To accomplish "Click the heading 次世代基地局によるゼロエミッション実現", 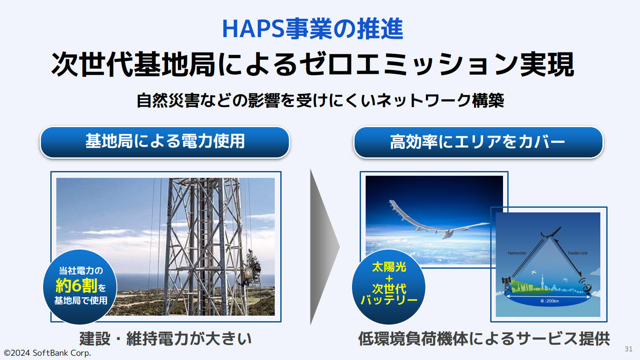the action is click(x=313, y=64).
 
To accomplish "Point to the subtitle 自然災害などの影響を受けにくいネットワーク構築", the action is click(x=320, y=101).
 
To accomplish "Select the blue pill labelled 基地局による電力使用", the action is click(x=165, y=142).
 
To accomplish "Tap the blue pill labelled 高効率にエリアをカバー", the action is click(x=478, y=142).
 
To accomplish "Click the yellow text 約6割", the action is click(x=76, y=285).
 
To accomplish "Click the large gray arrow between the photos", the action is click(x=325, y=247).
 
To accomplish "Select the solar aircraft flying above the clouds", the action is click(x=440, y=223).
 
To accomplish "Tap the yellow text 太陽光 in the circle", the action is click(x=389, y=267).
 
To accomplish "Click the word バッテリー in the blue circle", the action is click(x=389, y=300).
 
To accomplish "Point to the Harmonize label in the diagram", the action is click(x=517, y=253).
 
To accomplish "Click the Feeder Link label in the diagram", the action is click(x=578, y=253).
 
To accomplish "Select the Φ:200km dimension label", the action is click(x=550, y=301).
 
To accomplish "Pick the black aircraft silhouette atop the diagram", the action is click(x=550, y=232).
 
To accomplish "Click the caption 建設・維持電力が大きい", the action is click(x=166, y=339).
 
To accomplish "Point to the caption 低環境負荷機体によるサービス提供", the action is click(x=484, y=339).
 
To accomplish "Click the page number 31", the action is click(x=628, y=349).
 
